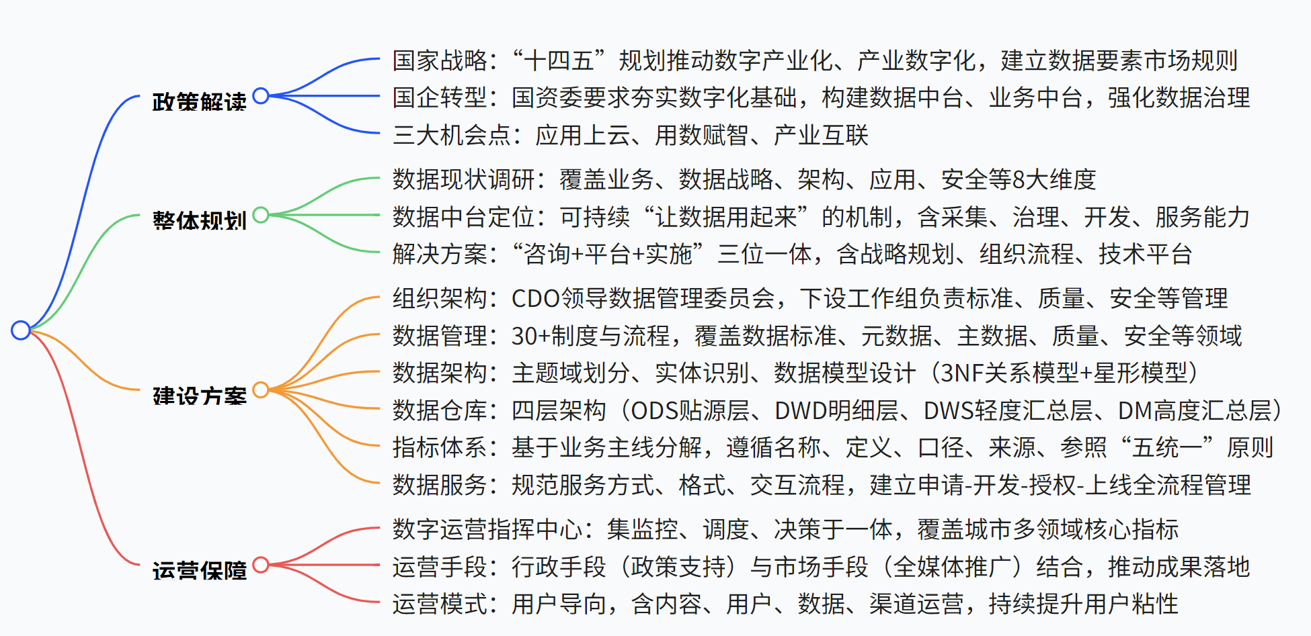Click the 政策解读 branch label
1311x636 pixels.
(x=199, y=101)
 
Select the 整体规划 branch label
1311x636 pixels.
(x=199, y=220)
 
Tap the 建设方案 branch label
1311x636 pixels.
(x=199, y=396)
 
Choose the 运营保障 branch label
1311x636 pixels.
(x=199, y=570)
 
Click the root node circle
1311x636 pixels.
(x=21, y=330)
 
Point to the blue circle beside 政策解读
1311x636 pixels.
(x=261, y=96)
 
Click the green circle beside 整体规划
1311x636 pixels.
(x=261, y=215)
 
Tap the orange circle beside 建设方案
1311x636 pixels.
(x=261, y=390)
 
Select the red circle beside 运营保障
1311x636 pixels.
(x=261, y=565)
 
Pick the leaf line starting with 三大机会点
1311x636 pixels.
(x=630, y=135)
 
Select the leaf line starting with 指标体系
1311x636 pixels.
(x=833, y=447)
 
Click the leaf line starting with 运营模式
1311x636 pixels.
(x=785, y=604)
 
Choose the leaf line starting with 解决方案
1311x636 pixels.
(x=792, y=254)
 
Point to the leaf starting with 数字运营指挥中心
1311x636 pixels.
(x=785, y=529)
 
